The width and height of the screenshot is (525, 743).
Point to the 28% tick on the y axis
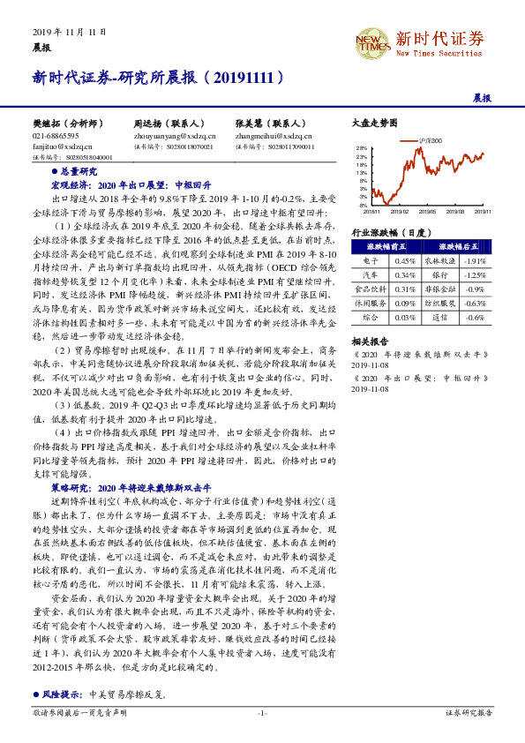pos(362,148)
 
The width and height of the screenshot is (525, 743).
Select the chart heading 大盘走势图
pos(375,124)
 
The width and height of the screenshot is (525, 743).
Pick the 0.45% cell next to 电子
pos(405,261)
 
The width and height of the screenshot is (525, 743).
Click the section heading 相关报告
pos(368,339)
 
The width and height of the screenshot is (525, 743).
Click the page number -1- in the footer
pos(262,711)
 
